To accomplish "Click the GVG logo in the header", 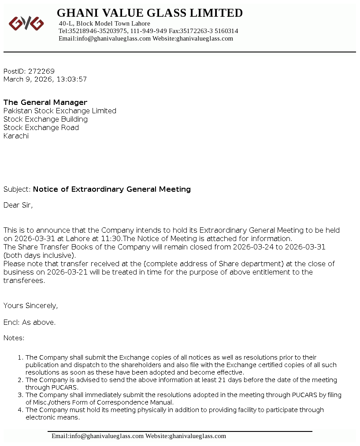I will coord(26,23).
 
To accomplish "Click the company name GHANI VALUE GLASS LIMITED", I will coord(150,13).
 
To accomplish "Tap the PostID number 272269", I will coord(41,71).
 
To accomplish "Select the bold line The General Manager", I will coord(45,102).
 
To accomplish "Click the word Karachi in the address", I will coord(16,136).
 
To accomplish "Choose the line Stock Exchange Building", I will coord(45,119).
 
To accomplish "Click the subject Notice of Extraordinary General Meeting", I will coord(112,189).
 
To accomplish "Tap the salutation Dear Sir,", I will coord(18,205).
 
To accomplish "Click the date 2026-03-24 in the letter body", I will coord(253,247).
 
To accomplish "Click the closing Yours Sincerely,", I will coord(31,305).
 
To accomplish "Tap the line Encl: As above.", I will coord(30,322).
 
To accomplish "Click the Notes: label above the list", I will coord(14,338).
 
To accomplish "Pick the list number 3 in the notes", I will coord(19,395).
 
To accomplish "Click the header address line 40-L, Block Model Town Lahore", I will coord(104,23).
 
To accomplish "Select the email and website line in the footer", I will coord(139,436).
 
